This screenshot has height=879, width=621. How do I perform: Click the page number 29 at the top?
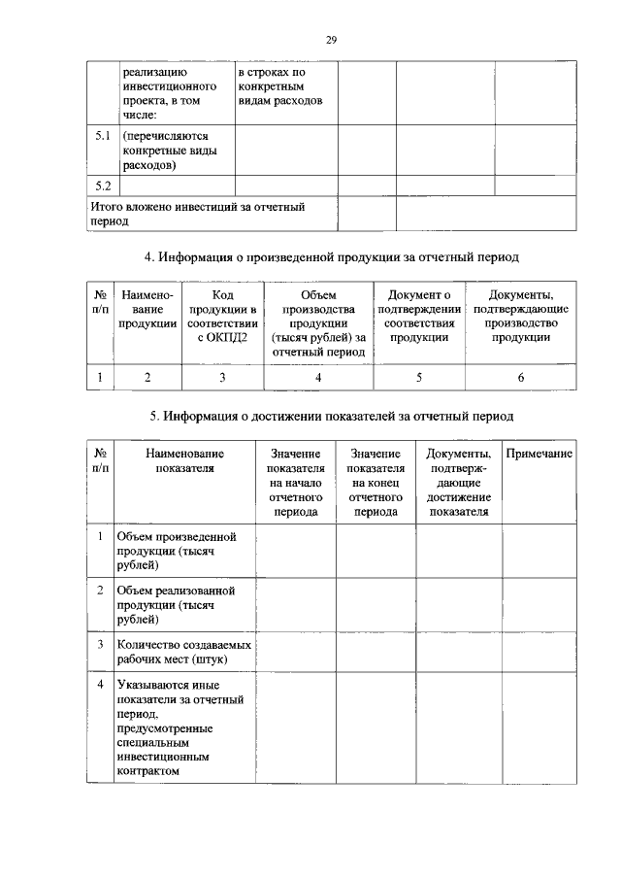pos(331,39)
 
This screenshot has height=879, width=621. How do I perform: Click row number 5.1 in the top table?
pos(102,137)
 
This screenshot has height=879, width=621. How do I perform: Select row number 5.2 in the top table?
pos(102,185)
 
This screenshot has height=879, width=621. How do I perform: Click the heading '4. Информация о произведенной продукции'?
pos(332,258)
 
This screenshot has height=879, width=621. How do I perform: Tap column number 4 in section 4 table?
pos(318,378)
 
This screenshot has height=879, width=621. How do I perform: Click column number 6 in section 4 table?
pos(521,378)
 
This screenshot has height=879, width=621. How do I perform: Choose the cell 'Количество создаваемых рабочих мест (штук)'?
pos(183,651)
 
